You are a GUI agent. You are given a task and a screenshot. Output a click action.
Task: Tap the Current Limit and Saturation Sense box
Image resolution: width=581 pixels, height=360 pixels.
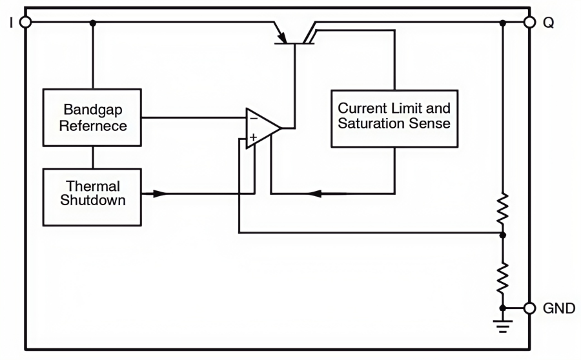[x=394, y=116]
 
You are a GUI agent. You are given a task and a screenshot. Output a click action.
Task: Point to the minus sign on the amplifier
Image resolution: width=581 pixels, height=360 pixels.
[x=253, y=119]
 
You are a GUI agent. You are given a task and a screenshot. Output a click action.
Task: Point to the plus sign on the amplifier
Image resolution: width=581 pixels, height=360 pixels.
[x=253, y=137]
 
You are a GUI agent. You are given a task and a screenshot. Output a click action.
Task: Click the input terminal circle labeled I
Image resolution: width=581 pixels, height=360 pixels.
[x=25, y=23]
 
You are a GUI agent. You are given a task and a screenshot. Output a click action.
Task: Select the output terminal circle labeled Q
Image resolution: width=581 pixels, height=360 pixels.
[x=529, y=23]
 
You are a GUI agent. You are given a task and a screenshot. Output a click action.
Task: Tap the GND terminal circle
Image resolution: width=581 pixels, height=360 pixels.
[x=529, y=308]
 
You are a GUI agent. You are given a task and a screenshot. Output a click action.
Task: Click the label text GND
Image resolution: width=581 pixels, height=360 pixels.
[x=559, y=308]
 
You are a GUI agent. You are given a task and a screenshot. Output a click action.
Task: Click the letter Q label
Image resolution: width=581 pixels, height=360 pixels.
[x=548, y=23]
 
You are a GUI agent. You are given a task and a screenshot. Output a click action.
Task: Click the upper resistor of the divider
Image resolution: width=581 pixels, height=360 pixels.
[x=503, y=208]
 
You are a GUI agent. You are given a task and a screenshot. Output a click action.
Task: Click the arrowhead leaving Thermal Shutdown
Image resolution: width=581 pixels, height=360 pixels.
[x=159, y=193]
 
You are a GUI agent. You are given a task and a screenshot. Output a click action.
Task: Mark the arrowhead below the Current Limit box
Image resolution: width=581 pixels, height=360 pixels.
[x=315, y=193]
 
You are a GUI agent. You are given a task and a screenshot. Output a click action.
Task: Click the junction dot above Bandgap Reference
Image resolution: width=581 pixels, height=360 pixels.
[x=93, y=23]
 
